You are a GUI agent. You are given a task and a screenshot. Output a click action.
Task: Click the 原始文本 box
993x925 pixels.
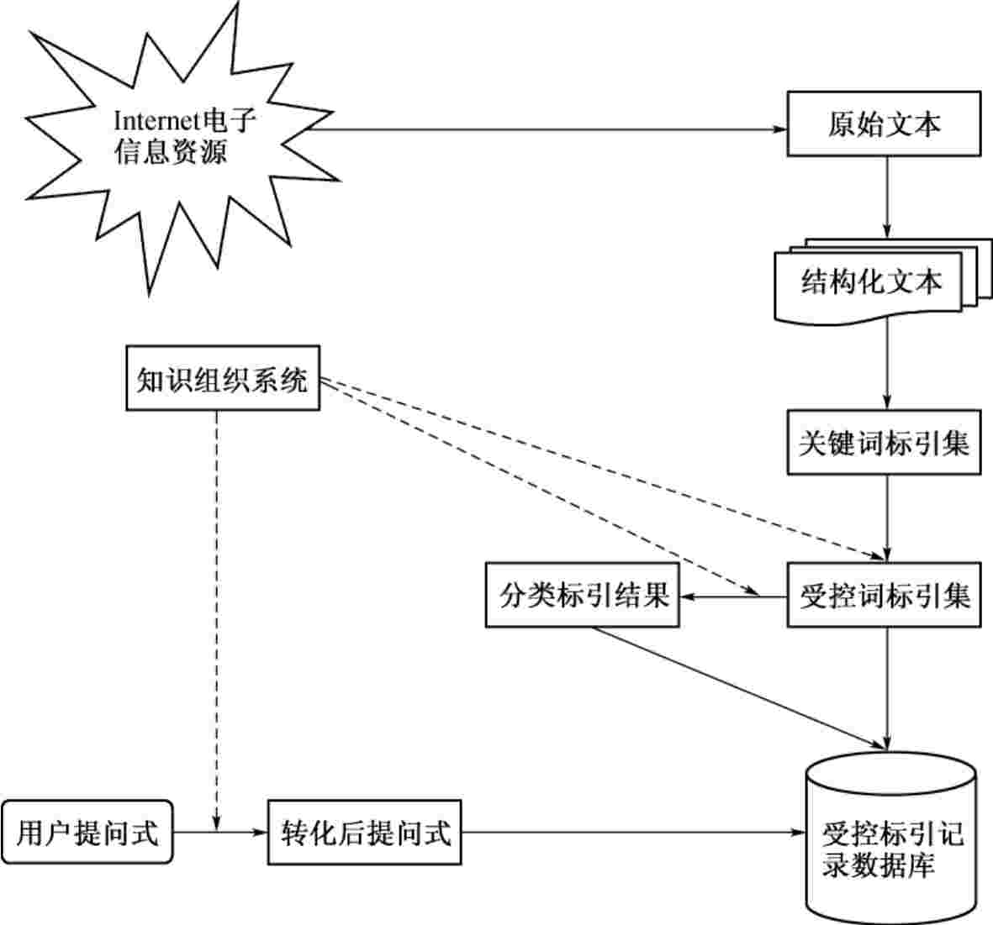pos(884,124)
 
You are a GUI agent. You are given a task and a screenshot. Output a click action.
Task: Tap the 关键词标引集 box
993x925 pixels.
pos(884,442)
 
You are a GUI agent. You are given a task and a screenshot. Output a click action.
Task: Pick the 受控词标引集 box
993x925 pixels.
pos(884,596)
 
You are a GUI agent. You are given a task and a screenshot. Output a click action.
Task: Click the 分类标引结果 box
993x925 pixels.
pos(583,596)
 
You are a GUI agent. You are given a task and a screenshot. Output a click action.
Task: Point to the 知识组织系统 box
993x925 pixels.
pos(223,378)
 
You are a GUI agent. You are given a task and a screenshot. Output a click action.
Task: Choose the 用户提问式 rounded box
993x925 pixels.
pos(87,833)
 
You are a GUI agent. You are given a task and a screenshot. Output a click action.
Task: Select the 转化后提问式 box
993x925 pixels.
pos(364,833)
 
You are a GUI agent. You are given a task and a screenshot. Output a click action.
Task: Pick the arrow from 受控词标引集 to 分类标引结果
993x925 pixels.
pos(732,597)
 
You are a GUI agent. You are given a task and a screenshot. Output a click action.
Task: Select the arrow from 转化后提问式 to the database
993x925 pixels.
pos(631,833)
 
